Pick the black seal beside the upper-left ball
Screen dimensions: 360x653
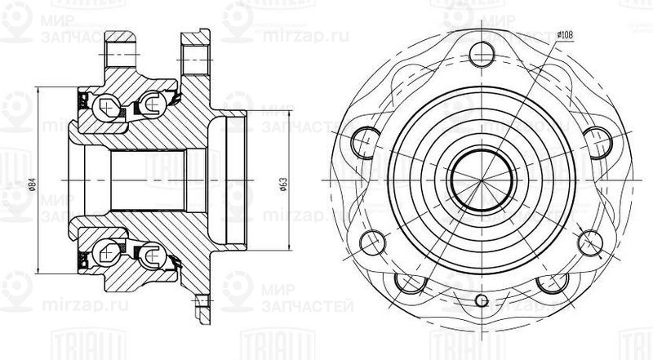83,102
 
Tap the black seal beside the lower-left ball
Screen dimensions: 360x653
83,260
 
